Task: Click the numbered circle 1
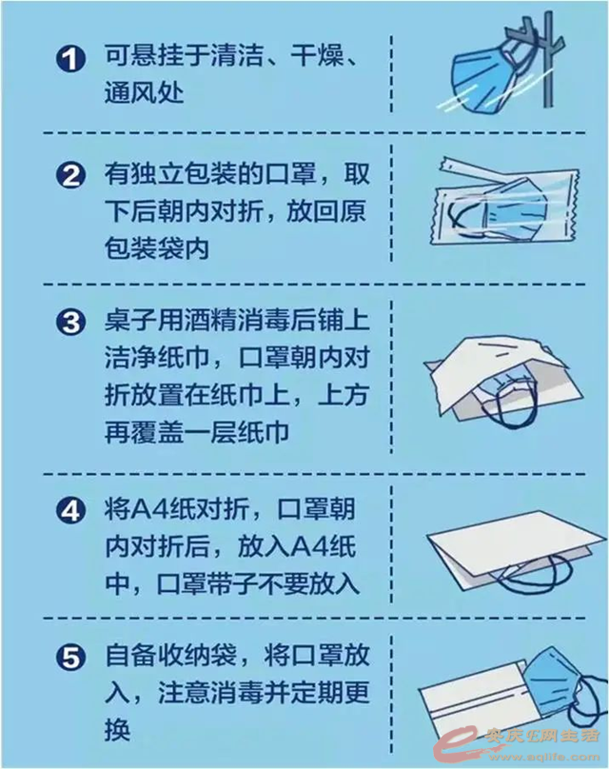pos(70,60)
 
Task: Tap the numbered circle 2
pos(70,175)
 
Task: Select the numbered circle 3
pos(70,324)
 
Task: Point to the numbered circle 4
pos(70,511)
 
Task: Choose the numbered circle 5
pos(70,658)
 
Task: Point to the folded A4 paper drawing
pos(515,552)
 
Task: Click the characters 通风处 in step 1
pos(144,91)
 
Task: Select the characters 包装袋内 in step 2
pos(156,247)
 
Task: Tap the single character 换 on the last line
pos(117,730)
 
